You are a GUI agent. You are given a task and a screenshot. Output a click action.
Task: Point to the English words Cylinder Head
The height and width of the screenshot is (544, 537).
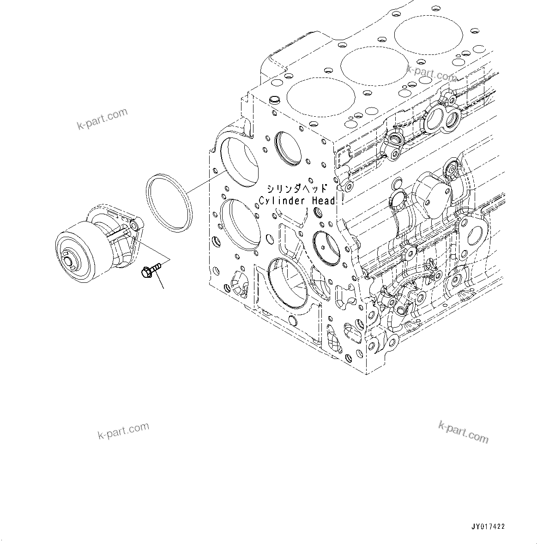pyautogui.click(x=297, y=201)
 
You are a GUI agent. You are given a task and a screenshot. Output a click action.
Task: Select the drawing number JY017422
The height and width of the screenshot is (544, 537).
pyautogui.click(x=488, y=526)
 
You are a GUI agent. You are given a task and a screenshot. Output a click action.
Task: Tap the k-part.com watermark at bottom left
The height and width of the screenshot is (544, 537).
pyautogui.click(x=124, y=431)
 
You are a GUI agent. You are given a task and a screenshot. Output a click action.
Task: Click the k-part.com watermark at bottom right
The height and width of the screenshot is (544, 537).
pyautogui.click(x=463, y=432)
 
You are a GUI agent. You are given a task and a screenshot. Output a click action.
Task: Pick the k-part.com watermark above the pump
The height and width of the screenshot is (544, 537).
pyautogui.click(x=102, y=119)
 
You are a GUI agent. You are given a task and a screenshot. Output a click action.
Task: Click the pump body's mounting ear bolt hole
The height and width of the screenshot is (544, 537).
pyautogui.click(x=134, y=225)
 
